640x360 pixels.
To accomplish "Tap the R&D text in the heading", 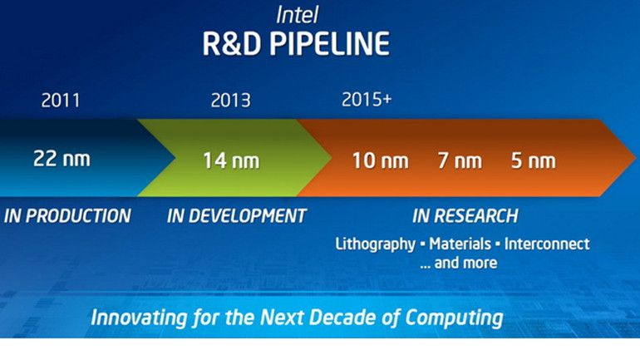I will (x=229, y=43).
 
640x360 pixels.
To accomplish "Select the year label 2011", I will (x=61, y=101).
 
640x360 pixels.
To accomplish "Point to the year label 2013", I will (x=230, y=101).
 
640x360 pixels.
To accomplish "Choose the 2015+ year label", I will (x=367, y=99).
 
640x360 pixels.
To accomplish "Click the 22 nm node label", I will (x=62, y=158).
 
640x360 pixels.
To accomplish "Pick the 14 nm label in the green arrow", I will (x=230, y=160).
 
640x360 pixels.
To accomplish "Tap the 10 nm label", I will (x=380, y=160).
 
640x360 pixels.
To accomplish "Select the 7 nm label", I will (x=460, y=160).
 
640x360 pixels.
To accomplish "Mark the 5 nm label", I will (x=533, y=160).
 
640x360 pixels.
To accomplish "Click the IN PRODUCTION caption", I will (x=68, y=216).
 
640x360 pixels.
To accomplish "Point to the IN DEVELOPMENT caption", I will (x=237, y=216).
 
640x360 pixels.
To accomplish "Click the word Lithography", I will (x=374, y=244).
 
